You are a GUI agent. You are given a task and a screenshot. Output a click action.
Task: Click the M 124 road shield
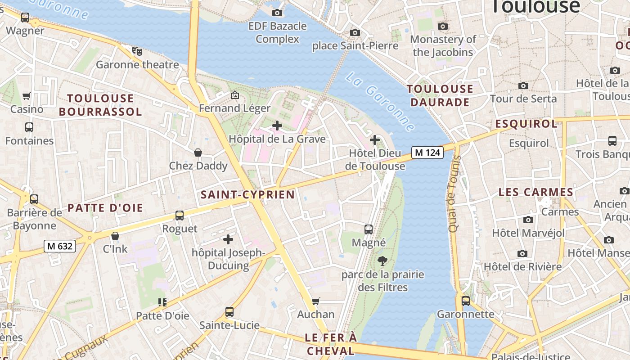(427, 153)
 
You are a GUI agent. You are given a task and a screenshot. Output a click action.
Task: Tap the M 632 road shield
(60, 246)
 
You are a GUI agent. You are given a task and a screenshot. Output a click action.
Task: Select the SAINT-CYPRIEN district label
(247, 194)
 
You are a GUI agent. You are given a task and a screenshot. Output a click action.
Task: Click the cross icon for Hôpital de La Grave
(277, 126)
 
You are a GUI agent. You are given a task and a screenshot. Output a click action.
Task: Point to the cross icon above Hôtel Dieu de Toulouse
(375, 140)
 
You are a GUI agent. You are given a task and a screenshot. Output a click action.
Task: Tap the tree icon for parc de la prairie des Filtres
(382, 261)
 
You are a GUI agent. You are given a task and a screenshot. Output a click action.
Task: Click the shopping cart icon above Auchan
(316, 301)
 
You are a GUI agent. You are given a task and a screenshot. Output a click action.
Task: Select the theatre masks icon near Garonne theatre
(137, 51)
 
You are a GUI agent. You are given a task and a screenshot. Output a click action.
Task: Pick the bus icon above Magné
(369, 229)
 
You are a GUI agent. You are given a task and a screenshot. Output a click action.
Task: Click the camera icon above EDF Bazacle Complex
(277, 13)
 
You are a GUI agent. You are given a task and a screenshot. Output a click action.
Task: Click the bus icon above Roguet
(180, 215)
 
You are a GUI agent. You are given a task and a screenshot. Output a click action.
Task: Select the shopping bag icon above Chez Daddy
(198, 153)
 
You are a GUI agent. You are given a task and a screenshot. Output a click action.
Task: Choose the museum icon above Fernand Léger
(234, 95)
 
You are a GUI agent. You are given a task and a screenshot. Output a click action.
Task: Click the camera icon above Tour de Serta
(523, 85)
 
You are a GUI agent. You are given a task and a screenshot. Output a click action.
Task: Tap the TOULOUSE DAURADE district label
(440, 95)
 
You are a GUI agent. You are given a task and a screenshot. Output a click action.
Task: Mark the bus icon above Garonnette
(465, 301)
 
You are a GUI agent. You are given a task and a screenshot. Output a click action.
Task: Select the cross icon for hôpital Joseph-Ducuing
(228, 239)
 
